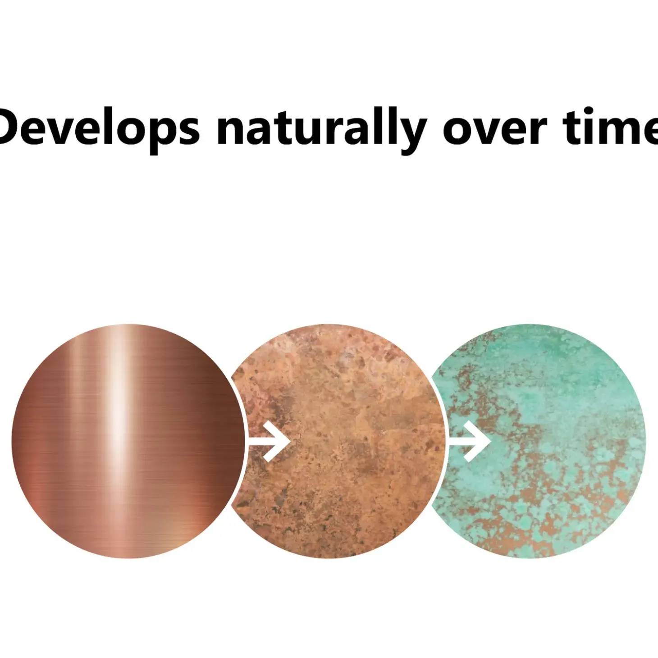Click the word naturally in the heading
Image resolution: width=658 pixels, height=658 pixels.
(x=322, y=126)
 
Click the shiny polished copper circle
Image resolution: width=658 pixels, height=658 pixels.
(x=128, y=441)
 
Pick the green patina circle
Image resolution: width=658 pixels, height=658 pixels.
(x=538, y=441)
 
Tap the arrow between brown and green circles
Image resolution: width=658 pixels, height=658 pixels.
(x=470, y=441)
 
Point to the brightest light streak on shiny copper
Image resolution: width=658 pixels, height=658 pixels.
(x=118, y=427)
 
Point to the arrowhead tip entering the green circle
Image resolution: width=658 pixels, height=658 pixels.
(x=491, y=441)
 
